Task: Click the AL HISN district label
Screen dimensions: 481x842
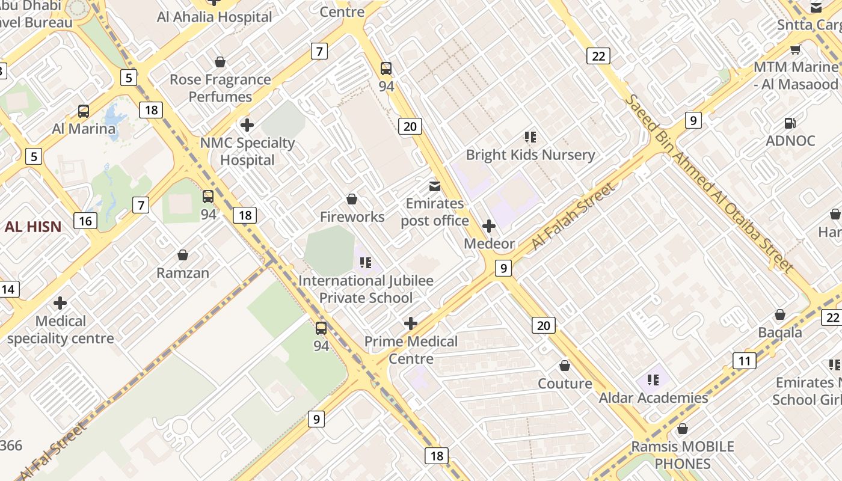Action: (33, 227)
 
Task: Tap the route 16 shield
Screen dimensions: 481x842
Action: (85, 221)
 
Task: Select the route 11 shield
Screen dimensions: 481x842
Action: (744, 361)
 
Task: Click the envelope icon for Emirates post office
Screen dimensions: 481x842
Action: (434, 186)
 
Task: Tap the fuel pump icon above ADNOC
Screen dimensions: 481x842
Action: (790, 123)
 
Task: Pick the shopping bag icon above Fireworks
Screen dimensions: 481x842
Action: (352, 199)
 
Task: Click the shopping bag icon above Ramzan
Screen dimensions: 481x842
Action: (183, 256)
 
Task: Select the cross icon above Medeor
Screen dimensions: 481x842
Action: (489, 227)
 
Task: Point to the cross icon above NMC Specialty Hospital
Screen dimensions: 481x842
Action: (247, 125)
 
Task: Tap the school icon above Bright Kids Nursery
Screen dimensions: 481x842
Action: (530, 137)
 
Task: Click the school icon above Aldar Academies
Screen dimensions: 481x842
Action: (653, 380)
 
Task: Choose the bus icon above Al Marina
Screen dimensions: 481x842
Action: (84, 111)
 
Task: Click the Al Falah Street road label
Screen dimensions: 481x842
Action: (574, 216)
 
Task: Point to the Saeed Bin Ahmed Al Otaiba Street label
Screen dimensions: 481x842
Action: (709, 183)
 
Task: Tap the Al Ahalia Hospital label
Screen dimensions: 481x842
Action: (214, 17)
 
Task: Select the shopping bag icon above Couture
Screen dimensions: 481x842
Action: (565, 366)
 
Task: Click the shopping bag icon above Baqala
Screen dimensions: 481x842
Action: (780, 315)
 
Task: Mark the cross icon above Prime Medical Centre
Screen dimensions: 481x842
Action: (411, 324)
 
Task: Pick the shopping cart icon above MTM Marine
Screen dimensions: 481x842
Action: (795, 49)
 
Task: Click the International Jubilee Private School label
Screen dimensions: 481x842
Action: (366, 289)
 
